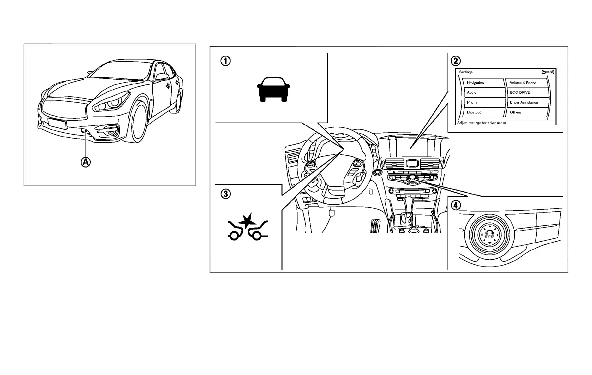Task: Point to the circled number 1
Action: (226, 61)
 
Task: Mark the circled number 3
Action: (226, 194)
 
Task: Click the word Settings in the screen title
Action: (466, 72)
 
